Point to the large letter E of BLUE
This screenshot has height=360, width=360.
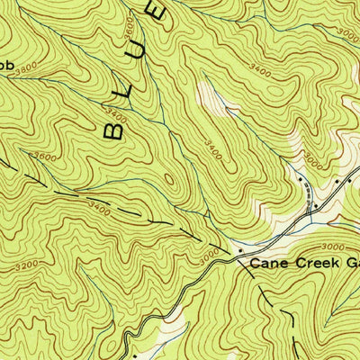[156, 13]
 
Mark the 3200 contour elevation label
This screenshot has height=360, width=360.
[28, 265]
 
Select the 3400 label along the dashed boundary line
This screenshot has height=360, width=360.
[100, 211]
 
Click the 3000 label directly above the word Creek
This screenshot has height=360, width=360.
[331, 246]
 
